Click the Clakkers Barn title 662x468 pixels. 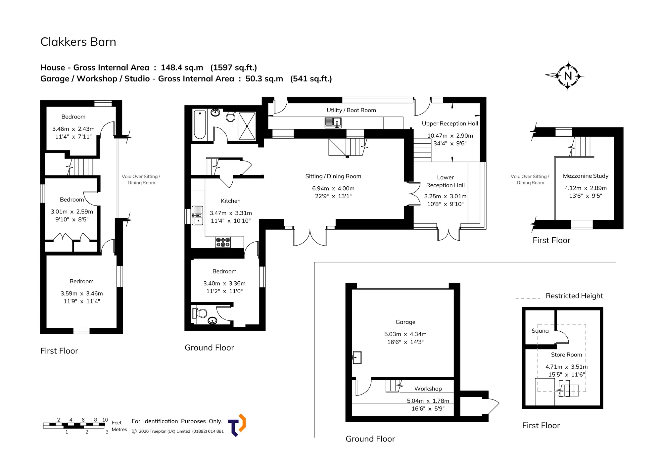coord(78,42)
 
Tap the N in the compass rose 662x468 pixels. coord(568,76)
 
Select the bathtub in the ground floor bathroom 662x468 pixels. coord(200,125)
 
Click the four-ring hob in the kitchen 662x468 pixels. coord(223,242)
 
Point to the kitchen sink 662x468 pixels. coord(198,215)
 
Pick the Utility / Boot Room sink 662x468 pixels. coord(333,122)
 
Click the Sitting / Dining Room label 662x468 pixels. coord(333,176)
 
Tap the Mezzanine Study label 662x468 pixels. coord(586,176)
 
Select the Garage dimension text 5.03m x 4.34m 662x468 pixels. coord(405,334)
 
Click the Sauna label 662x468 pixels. coord(540,331)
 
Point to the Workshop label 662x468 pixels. coord(428,389)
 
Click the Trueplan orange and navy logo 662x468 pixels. coord(237,425)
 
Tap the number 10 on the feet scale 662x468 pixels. coord(105,420)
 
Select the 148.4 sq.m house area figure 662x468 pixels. coord(182,68)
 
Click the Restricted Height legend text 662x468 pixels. coord(574,296)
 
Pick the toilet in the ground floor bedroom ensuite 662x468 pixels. coord(200,313)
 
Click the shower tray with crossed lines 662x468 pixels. coord(247,126)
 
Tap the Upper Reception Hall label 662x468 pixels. coord(450,124)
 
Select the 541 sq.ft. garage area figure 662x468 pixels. coord(311,79)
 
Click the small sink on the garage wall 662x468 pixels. coord(357,357)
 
